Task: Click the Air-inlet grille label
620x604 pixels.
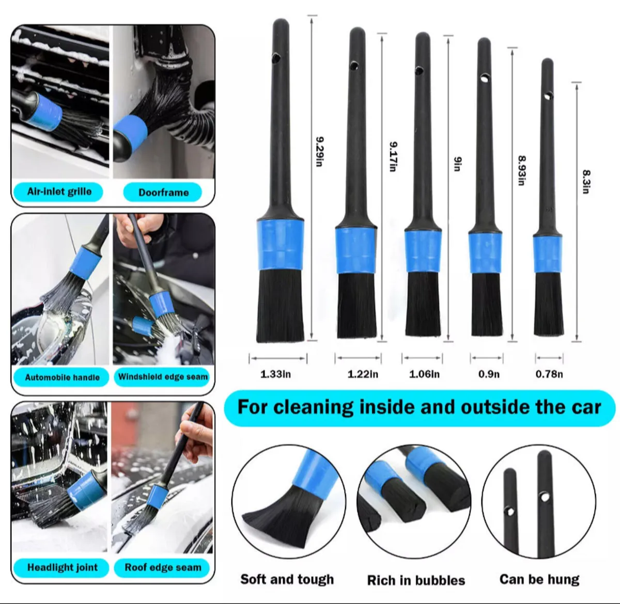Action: pyautogui.click(x=59, y=192)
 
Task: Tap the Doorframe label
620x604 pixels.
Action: pyautogui.click(x=163, y=193)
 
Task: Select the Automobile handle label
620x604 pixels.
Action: pyautogui.click(x=62, y=377)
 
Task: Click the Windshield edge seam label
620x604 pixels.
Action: pyautogui.click(x=163, y=377)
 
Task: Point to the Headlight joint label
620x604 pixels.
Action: pyautogui.click(x=62, y=567)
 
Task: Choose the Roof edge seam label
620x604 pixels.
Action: pyautogui.click(x=163, y=567)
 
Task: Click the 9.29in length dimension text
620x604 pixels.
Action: pyautogui.click(x=320, y=151)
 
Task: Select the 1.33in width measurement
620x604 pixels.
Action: pyautogui.click(x=275, y=374)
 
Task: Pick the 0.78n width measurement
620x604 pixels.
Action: pyautogui.click(x=549, y=374)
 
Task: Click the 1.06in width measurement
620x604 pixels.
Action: pyautogui.click(x=424, y=374)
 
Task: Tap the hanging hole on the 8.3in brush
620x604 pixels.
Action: pyautogui.click(x=548, y=96)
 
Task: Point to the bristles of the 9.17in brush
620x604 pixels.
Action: pyautogui.click(x=357, y=306)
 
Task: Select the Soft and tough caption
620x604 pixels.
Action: pyautogui.click(x=287, y=579)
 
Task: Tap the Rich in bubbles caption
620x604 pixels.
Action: pyautogui.click(x=416, y=580)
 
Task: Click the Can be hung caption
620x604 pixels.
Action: pyautogui.click(x=539, y=579)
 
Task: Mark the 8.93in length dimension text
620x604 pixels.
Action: pyautogui.click(x=521, y=170)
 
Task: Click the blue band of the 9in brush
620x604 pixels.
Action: pyautogui.click(x=423, y=250)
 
